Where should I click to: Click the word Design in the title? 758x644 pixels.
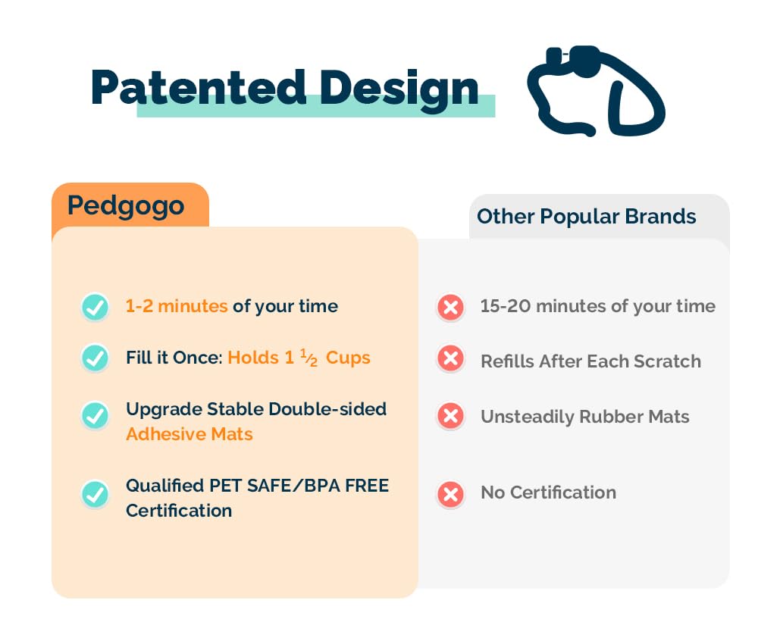(399, 89)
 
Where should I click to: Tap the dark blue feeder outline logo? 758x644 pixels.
(596, 91)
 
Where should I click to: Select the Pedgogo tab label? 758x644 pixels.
(126, 205)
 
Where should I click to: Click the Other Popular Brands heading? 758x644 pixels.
(586, 217)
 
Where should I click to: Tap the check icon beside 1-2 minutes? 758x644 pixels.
(95, 307)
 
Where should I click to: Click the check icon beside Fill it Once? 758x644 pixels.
(95, 358)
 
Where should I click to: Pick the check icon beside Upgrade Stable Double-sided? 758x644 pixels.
(95, 415)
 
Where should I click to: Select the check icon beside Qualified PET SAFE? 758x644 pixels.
(95, 495)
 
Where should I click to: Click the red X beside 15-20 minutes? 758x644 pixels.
(450, 307)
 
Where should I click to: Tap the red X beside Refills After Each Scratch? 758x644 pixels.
(450, 358)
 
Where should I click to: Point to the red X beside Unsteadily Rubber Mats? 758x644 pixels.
(450, 415)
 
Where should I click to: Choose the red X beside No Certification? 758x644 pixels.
(450, 495)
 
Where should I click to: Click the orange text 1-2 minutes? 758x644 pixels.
(177, 306)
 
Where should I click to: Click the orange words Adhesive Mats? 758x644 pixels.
(189, 434)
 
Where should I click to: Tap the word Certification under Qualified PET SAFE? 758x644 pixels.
(179, 511)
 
